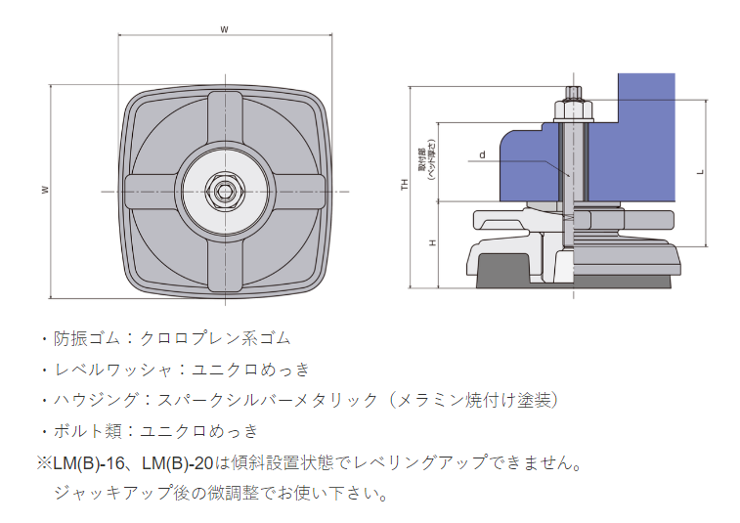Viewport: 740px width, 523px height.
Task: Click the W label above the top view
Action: pyautogui.click(x=225, y=29)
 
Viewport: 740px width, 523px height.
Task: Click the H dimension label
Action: pyautogui.click(x=432, y=242)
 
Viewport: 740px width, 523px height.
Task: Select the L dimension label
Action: pyautogui.click(x=700, y=171)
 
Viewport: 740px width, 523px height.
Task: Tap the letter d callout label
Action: pyautogui.click(x=482, y=154)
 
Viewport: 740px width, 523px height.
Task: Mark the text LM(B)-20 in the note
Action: pyautogui.click(x=176, y=461)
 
